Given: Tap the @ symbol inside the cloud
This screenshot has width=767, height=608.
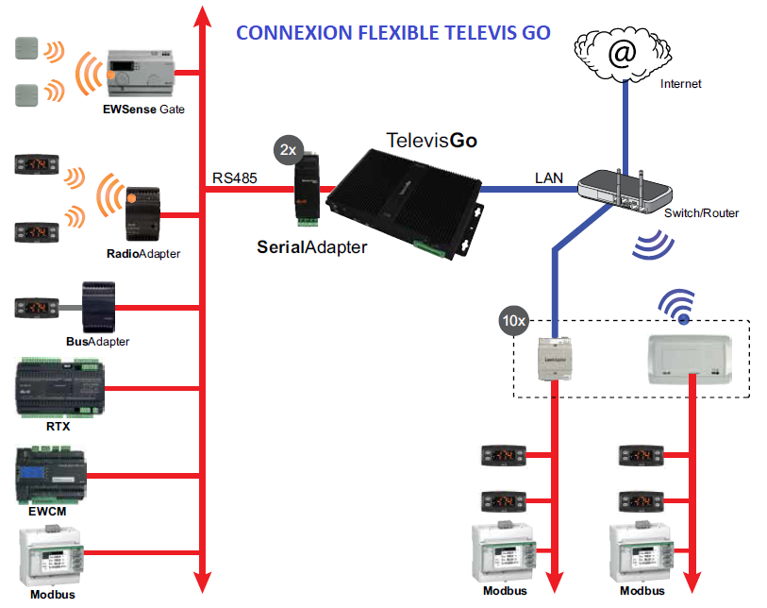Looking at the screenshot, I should point(623,53).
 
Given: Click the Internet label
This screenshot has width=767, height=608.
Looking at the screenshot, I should point(680,84).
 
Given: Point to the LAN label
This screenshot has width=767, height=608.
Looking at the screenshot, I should point(548,177).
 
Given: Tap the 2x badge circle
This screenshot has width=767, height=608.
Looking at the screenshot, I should point(287,150).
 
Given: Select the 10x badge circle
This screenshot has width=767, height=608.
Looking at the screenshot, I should point(513,321).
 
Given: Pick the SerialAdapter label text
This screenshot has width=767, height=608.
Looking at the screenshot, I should point(312,247).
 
